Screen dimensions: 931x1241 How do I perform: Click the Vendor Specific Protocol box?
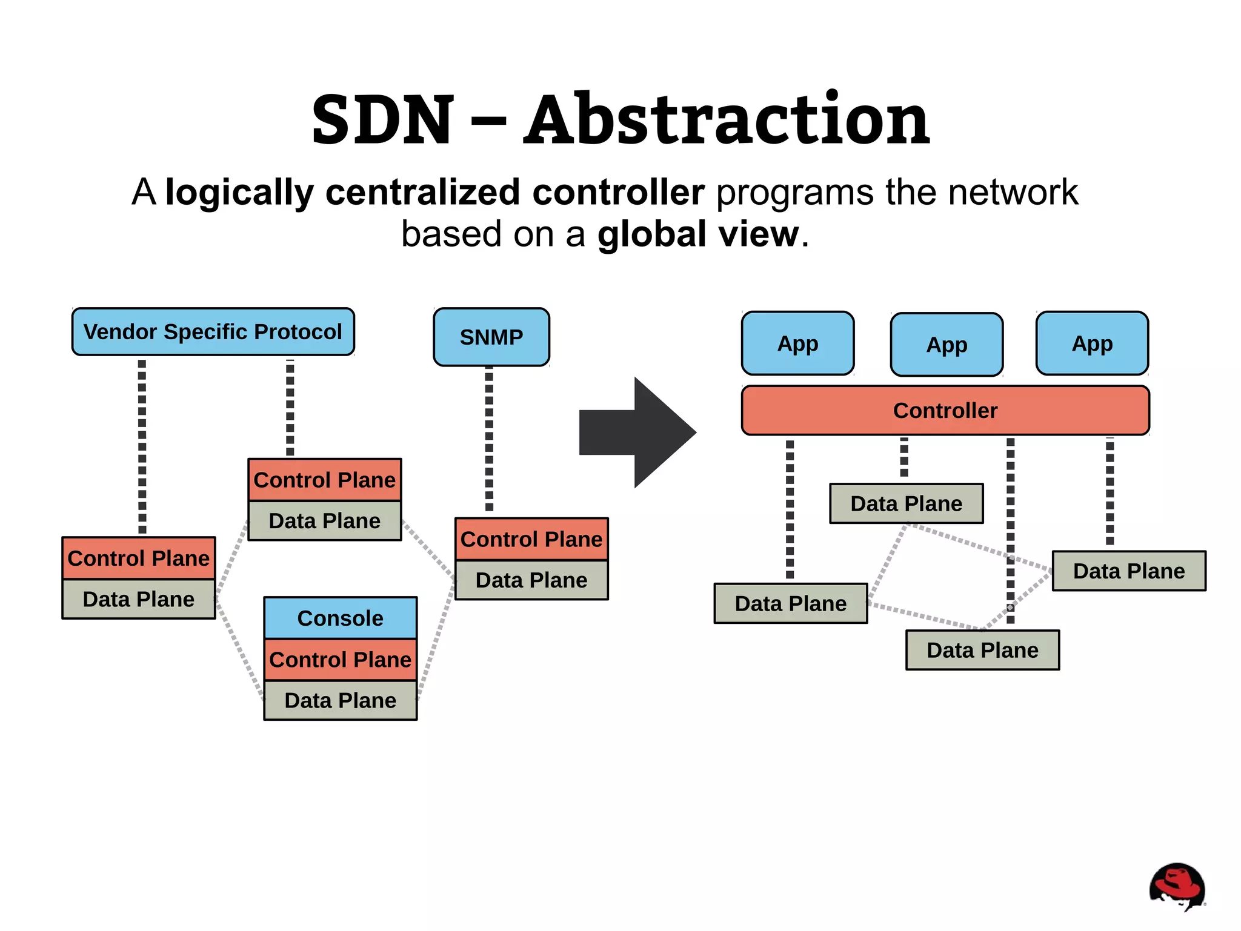[x=213, y=332]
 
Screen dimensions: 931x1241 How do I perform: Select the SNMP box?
[x=491, y=337]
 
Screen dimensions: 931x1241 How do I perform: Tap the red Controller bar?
[x=945, y=411]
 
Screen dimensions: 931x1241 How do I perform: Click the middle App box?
[x=947, y=345]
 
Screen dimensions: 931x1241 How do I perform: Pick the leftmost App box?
[x=797, y=343]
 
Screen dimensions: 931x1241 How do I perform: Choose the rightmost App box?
[x=1092, y=343]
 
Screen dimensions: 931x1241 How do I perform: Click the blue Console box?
[x=340, y=618]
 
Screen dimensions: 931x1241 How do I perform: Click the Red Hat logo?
[x=1177, y=886]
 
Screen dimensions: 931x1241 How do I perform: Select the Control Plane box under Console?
[x=340, y=659]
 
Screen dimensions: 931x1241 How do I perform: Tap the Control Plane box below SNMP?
[x=531, y=539]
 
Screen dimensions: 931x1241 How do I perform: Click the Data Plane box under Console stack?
[x=340, y=700]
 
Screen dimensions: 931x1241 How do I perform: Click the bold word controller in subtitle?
[x=618, y=192]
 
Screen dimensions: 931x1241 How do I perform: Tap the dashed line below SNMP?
[x=489, y=439]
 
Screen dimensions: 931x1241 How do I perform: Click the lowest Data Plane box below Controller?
[x=982, y=650]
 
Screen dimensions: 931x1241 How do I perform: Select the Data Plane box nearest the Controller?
[x=906, y=503]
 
